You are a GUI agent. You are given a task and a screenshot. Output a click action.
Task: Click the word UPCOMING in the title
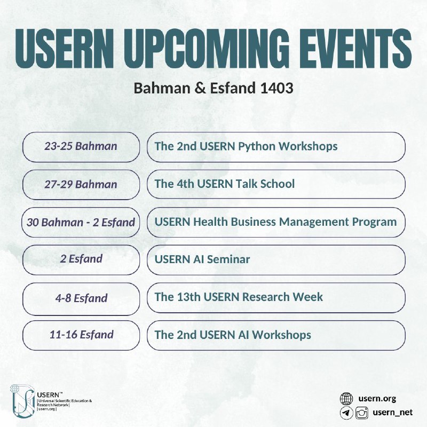tap(207, 48)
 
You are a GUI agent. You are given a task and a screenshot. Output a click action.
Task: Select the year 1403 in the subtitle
tap(276, 88)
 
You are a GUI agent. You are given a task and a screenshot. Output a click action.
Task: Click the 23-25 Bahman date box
tap(81, 147)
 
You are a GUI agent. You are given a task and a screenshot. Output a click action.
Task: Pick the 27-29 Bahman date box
tap(81, 185)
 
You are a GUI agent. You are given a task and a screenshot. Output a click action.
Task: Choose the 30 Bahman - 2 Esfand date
tap(81, 222)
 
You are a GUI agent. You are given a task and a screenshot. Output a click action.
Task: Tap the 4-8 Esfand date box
tap(81, 299)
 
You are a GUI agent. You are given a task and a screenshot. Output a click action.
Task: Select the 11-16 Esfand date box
tap(81, 335)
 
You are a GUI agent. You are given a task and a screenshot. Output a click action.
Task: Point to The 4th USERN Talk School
tap(224, 184)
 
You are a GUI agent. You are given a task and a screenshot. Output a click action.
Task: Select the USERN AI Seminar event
tap(202, 259)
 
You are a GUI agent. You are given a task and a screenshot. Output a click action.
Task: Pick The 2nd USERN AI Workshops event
tap(233, 335)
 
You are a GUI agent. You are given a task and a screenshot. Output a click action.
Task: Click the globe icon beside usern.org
tap(346, 399)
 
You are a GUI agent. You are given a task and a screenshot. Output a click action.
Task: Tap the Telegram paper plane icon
tap(346, 413)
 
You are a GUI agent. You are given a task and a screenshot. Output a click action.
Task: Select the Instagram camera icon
tap(362, 413)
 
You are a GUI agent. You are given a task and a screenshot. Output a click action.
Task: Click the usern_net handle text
tap(393, 413)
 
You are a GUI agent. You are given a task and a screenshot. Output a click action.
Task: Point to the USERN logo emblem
tap(22, 401)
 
